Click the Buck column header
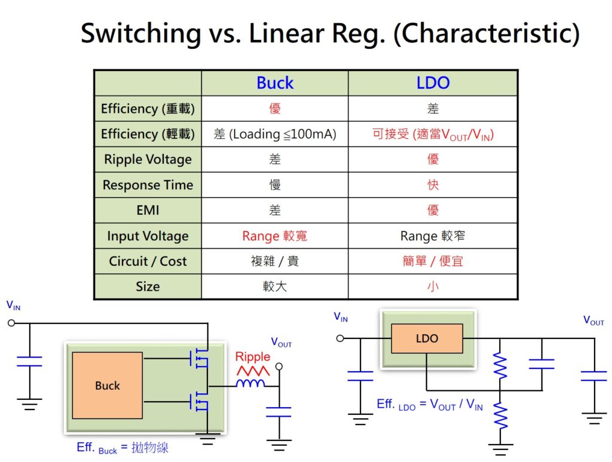pyautogui.click(x=274, y=83)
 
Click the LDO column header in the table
pyautogui.click(x=433, y=83)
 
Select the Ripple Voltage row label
pyautogui.click(x=148, y=159)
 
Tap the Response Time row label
pyautogui.click(x=148, y=185)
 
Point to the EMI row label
pyautogui.click(x=148, y=210)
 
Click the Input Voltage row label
pyautogui.click(x=148, y=236)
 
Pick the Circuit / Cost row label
pyautogui.click(x=148, y=261)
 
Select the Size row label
pyautogui.click(x=148, y=287)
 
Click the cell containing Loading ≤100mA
pyautogui.click(x=274, y=134)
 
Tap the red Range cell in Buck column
pyautogui.click(x=274, y=236)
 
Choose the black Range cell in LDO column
pyautogui.click(x=433, y=236)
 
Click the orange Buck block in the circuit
pyautogui.click(x=107, y=386)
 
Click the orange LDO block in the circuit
pyautogui.click(x=427, y=338)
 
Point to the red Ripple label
pyautogui.click(x=252, y=357)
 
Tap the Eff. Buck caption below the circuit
pyautogui.click(x=123, y=448)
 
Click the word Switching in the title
pyautogui.click(x=140, y=33)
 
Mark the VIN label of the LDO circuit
pyautogui.click(x=341, y=317)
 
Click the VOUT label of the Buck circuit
pyautogui.click(x=281, y=343)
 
